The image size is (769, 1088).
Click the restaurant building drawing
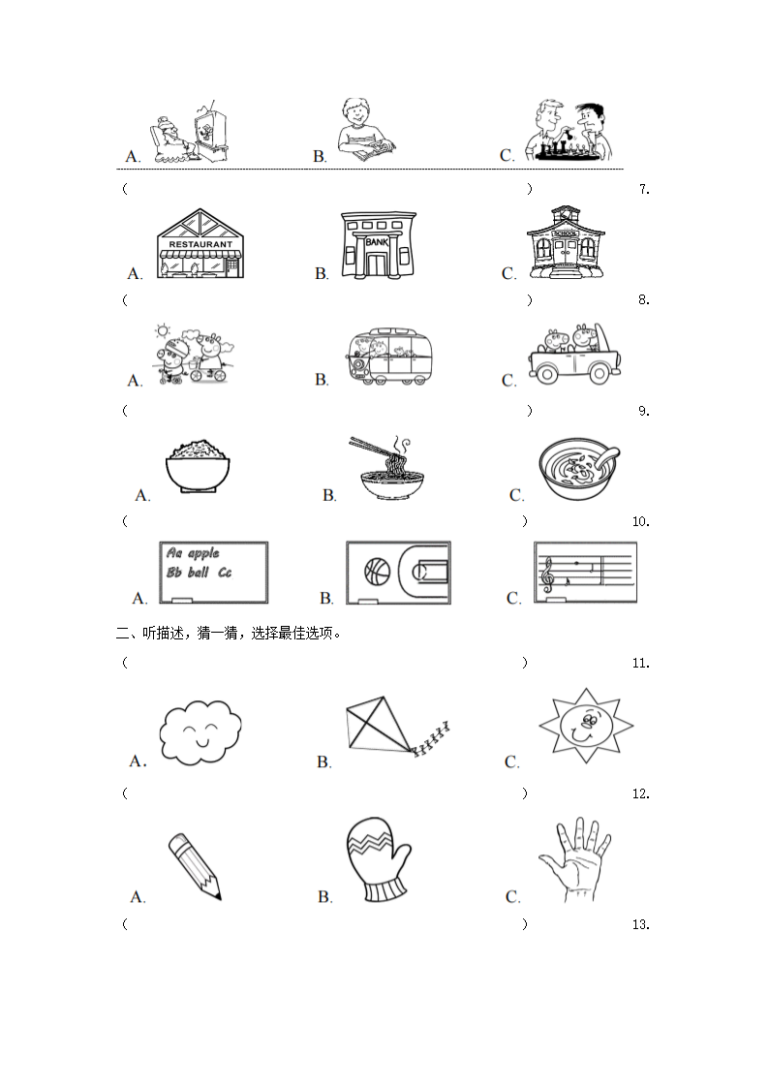(x=200, y=244)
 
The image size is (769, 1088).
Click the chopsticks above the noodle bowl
(x=372, y=447)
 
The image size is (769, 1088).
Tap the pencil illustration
(x=194, y=863)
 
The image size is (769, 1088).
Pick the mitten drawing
(x=377, y=859)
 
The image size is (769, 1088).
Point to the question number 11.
(x=639, y=664)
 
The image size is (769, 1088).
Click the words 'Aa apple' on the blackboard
(x=193, y=553)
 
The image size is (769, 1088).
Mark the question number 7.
(x=644, y=190)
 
